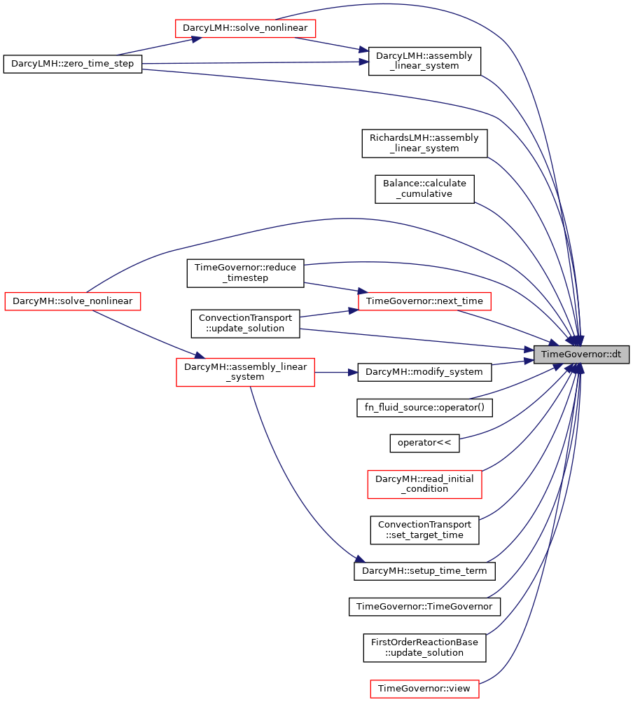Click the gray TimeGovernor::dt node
pos(581,355)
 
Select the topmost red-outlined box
pos(245,29)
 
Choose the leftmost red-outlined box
pos(73,301)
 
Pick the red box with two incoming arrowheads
pos(424,301)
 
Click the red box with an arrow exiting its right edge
pos(245,372)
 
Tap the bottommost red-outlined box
pos(424,689)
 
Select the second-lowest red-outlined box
pos(424,484)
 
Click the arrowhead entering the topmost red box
pos(197,39)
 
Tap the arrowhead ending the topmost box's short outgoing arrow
pos(364,50)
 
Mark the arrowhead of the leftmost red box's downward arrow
pos(200,356)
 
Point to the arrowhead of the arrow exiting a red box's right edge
pos(354,372)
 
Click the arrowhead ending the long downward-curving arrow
pos(360,558)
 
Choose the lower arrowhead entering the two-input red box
pos(354,310)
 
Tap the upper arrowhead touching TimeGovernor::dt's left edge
pos(528,348)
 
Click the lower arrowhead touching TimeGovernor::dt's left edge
pos(528,361)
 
